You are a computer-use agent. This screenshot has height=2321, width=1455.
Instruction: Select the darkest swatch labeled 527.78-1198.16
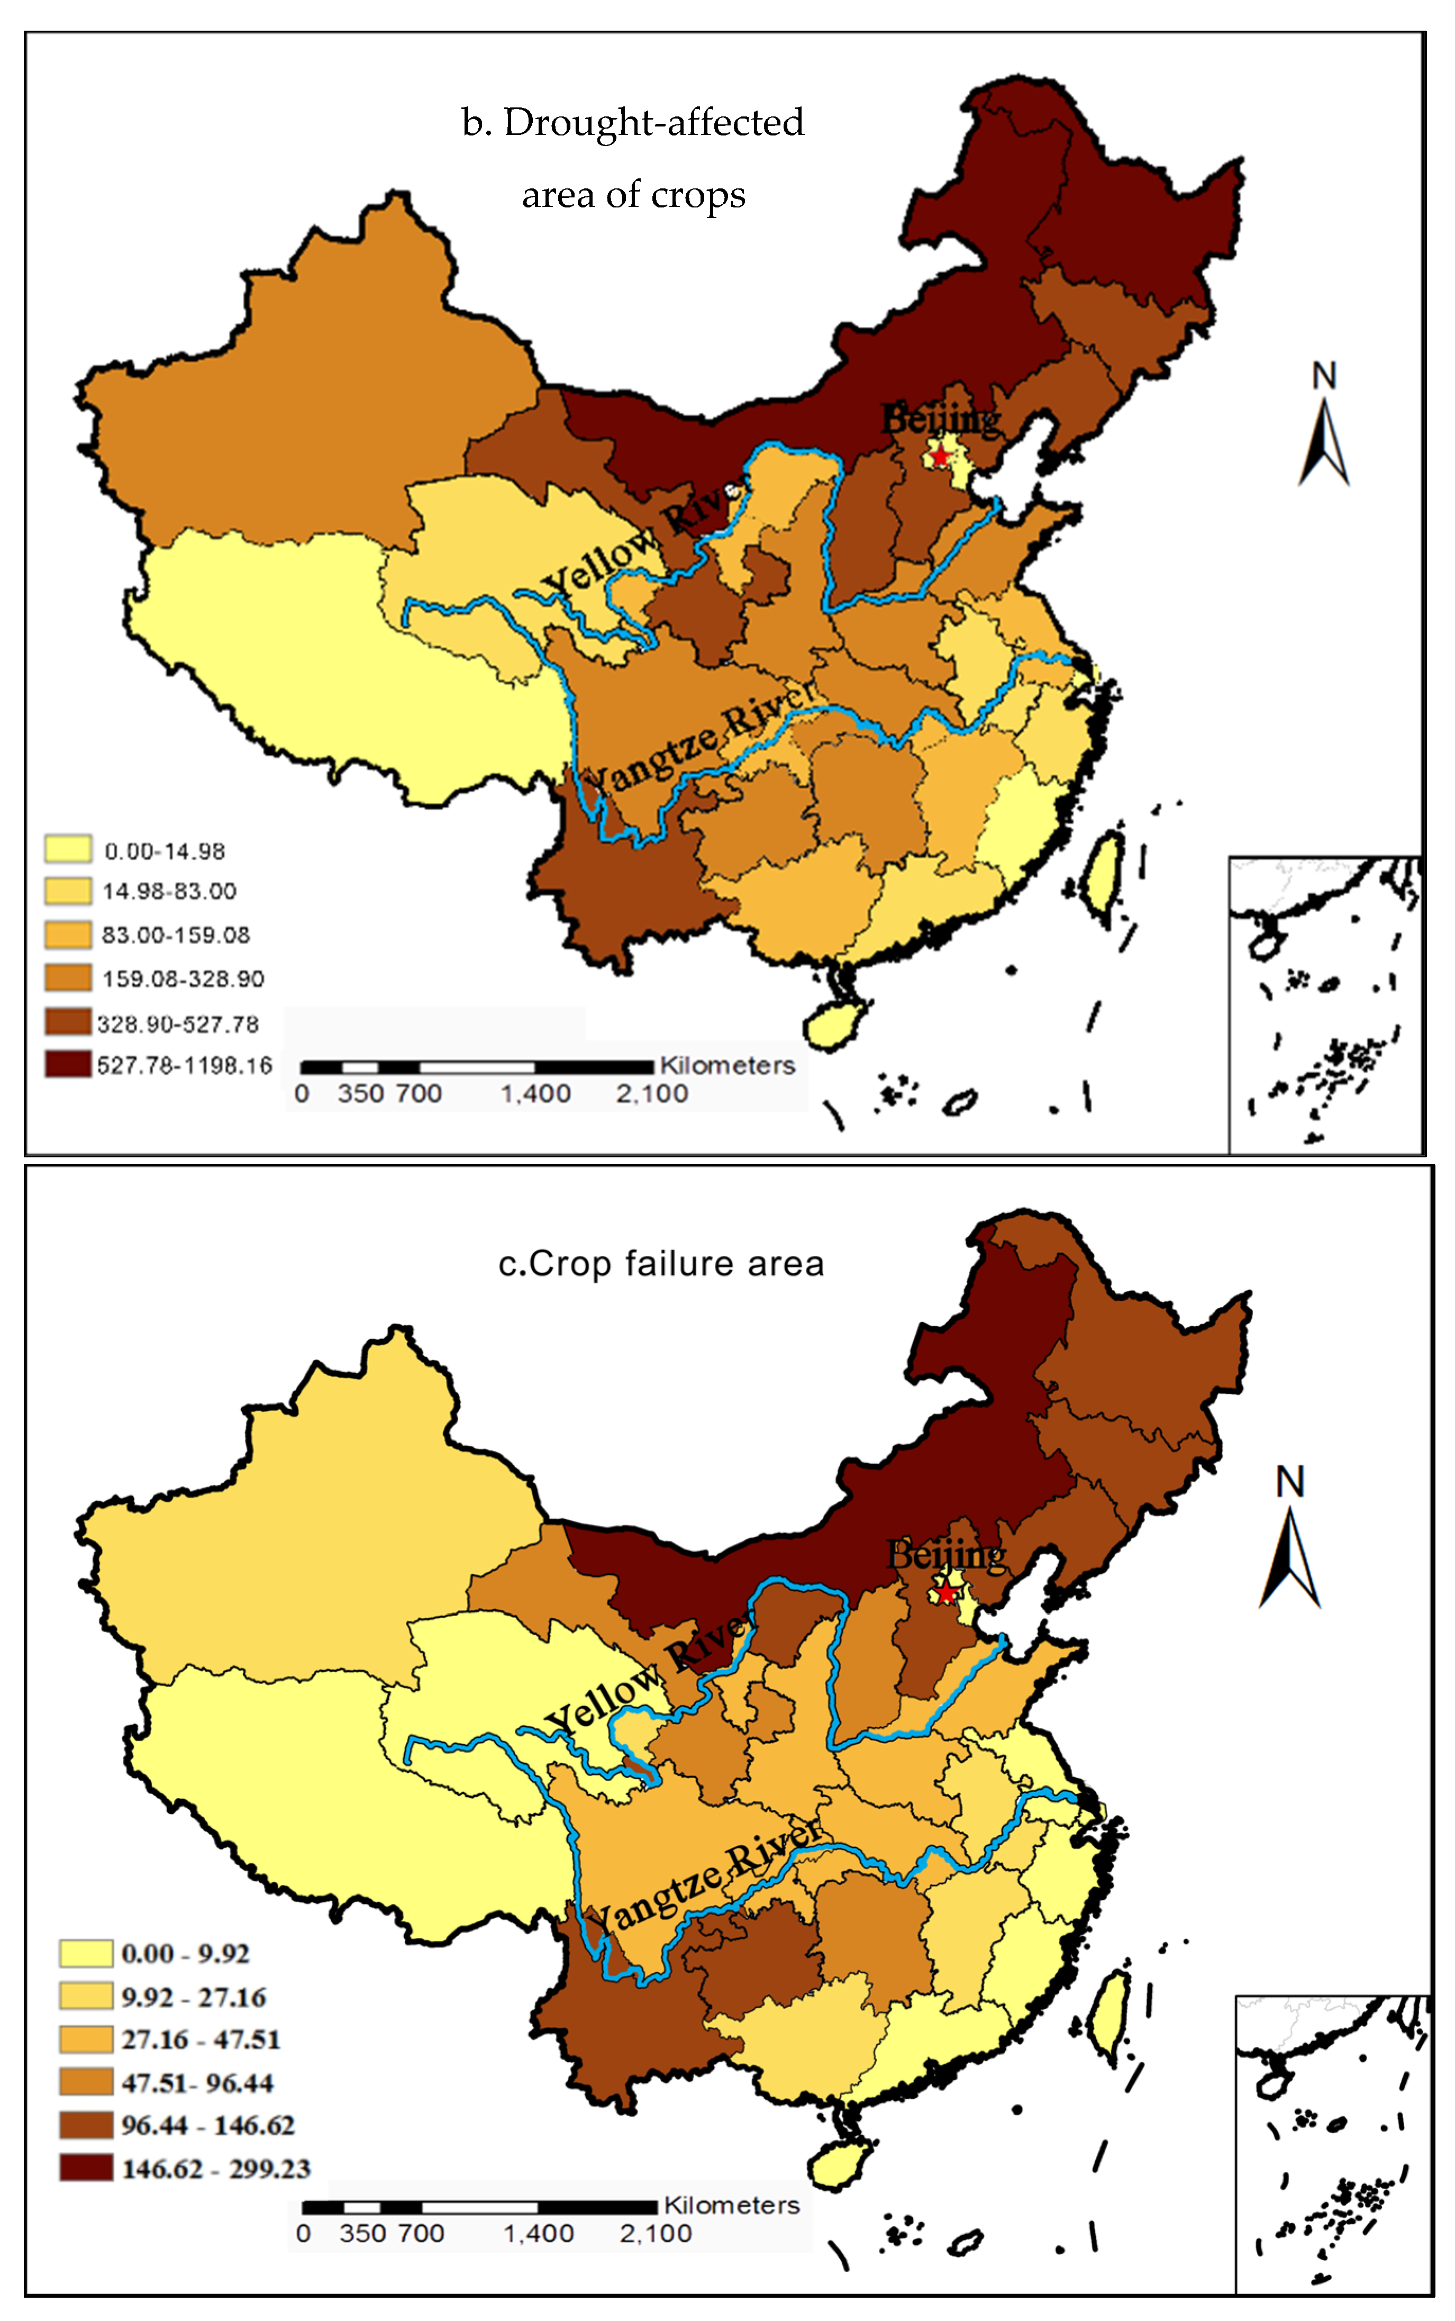point(68,1063)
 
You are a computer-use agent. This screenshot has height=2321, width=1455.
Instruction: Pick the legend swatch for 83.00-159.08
point(68,933)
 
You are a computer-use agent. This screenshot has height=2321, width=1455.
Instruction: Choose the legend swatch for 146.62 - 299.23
point(86,2167)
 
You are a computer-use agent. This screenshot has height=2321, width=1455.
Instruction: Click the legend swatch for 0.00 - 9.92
point(86,1953)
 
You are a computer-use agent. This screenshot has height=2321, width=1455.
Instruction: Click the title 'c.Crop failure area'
point(661,1264)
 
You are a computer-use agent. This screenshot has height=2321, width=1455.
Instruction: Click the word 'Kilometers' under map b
point(727,1065)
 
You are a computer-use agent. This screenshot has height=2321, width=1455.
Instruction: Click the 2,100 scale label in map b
point(652,1094)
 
